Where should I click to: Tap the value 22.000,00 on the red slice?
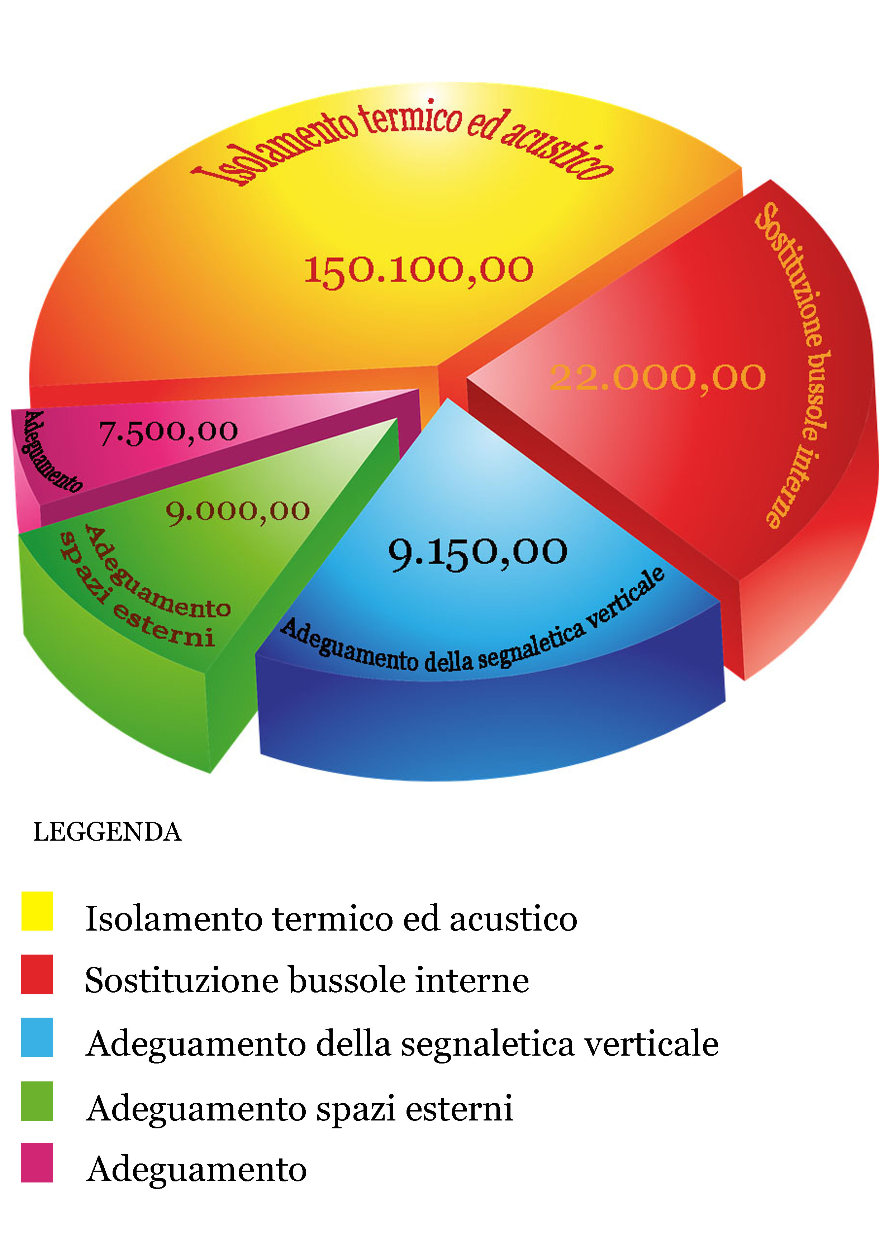click(x=657, y=378)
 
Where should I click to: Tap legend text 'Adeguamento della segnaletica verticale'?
click(x=402, y=1043)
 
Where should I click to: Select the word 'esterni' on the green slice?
click(x=163, y=627)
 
